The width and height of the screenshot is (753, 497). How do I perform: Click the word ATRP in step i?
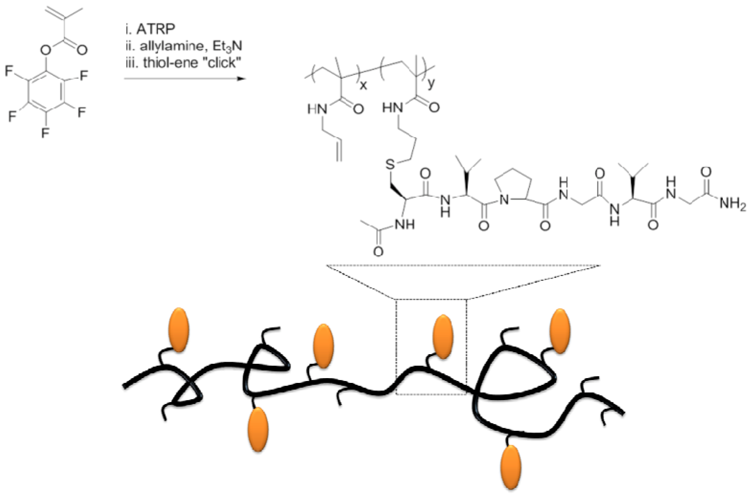(x=156, y=29)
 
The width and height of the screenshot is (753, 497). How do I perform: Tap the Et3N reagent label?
(x=227, y=46)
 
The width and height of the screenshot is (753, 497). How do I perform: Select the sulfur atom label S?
(x=391, y=164)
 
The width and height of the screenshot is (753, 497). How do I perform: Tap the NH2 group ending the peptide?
(x=732, y=204)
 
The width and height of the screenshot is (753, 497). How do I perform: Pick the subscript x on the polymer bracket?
(x=363, y=85)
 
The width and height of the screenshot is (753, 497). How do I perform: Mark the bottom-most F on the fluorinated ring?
(x=45, y=133)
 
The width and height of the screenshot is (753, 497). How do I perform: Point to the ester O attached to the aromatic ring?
(x=46, y=49)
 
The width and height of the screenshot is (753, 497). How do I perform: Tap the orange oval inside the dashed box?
(x=442, y=336)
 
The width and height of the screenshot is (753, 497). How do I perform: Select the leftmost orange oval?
(x=178, y=330)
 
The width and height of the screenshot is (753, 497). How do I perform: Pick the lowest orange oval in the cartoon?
(x=510, y=467)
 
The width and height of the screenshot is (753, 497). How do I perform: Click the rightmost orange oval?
(x=559, y=331)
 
